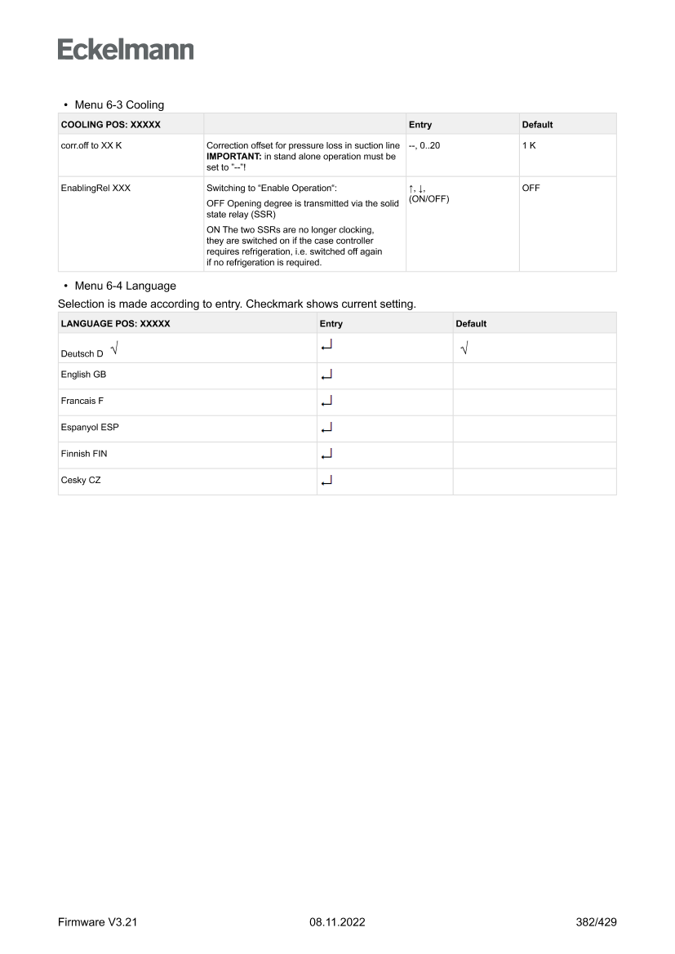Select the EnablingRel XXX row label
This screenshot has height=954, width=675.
pos(95,189)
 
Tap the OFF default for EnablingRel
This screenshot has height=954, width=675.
pos(531,189)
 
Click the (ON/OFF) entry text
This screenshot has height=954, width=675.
pos(429,199)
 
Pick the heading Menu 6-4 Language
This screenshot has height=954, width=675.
pos(122,286)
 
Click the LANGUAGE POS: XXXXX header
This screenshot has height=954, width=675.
pos(115,324)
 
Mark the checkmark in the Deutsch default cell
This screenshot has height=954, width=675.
pos(464,348)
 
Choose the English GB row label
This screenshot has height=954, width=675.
pos(84,375)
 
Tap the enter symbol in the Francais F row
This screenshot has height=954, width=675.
pos(326,402)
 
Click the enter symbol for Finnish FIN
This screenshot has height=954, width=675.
pos(326,455)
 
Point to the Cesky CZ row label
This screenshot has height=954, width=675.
pos(81,481)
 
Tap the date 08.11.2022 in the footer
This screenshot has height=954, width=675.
pos(337,923)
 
